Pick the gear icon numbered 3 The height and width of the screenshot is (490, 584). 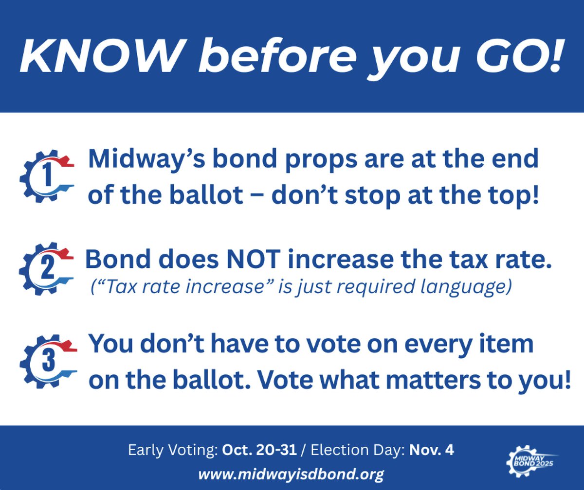click(x=46, y=360)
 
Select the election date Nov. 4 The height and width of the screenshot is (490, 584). click(x=431, y=451)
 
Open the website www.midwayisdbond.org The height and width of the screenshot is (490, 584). click(x=291, y=472)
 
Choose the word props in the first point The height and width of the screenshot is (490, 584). click(x=290, y=159)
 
